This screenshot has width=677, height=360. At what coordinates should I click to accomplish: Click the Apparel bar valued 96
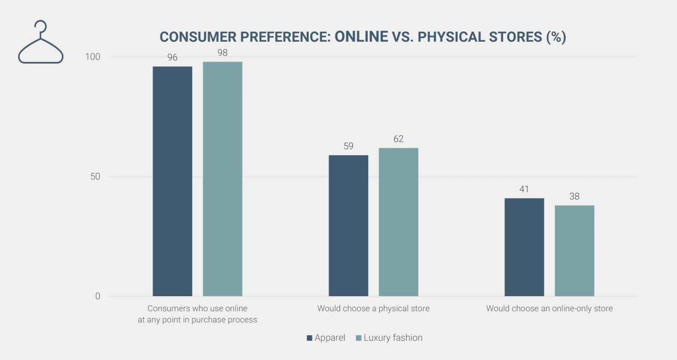[x=172, y=181]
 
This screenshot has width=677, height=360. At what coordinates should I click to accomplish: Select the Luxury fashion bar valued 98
[x=222, y=179]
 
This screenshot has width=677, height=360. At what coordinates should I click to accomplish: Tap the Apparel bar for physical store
[x=348, y=226]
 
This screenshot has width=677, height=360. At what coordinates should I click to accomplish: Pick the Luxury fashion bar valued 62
[x=398, y=222]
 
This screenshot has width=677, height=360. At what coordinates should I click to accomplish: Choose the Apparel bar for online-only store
[x=524, y=247]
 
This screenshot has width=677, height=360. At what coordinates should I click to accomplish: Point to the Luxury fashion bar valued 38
[x=574, y=251]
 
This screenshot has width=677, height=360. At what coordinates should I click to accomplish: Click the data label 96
[x=172, y=57]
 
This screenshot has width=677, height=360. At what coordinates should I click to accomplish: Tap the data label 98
[x=222, y=53]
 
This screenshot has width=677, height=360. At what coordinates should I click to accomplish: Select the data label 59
[x=348, y=146]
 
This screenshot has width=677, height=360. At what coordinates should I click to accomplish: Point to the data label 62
[x=398, y=139]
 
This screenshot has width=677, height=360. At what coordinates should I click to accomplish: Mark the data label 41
[x=524, y=189]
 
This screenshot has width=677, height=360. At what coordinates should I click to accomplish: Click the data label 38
[x=574, y=196]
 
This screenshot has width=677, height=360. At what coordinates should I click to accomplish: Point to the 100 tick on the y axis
[x=93, y=57]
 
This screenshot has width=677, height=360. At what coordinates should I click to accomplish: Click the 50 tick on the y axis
[x=95, y=177]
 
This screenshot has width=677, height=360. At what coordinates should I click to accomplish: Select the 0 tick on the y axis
[x=97, y=296]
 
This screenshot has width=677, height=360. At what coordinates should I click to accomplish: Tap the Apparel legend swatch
[x=310, y=338]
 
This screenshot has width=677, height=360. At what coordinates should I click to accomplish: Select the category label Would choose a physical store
[x=373, y=308]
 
